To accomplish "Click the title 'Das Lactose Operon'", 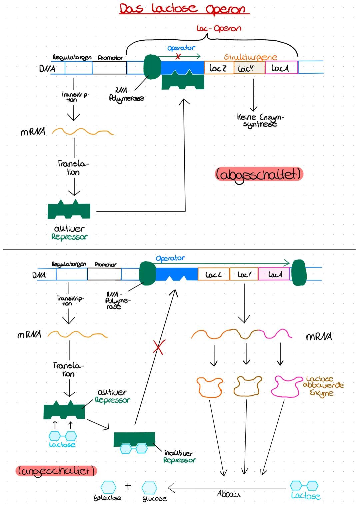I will pyautogui.click(x=184, y=9).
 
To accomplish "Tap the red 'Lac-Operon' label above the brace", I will pyautogui.click(x=219, y=28).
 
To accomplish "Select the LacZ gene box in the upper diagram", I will pyautogui.click(x=219, y=68).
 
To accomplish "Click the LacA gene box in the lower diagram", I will pyautogui.click(x=274, y=274).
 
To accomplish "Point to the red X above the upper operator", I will pyautogui.click(x=178, y=57).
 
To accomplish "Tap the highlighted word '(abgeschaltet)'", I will pyautogui.click(x=259, y=174).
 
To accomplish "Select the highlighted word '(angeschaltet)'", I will pyautogui.click(x=56, y=471).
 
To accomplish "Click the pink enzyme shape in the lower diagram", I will pyautogui.click(x=286, y=386).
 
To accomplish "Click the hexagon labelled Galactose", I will pyautogui.click(x=108, y=487).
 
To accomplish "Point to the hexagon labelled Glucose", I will pyautogui.click(x=149, y=488).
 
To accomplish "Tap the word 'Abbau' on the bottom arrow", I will pyautogui.click(x=228, y=494).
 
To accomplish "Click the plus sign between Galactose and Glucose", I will pyautogui.click(x=128, y=486).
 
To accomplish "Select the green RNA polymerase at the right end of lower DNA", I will pyautogui.click(x=299, y=273).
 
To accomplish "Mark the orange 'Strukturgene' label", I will pyautogui.click(x=250, y=57).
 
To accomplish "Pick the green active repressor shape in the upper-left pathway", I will pyautogui.click(x=69, y=210).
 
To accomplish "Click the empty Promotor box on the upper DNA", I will pyautogui.click(x=109, y=68).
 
